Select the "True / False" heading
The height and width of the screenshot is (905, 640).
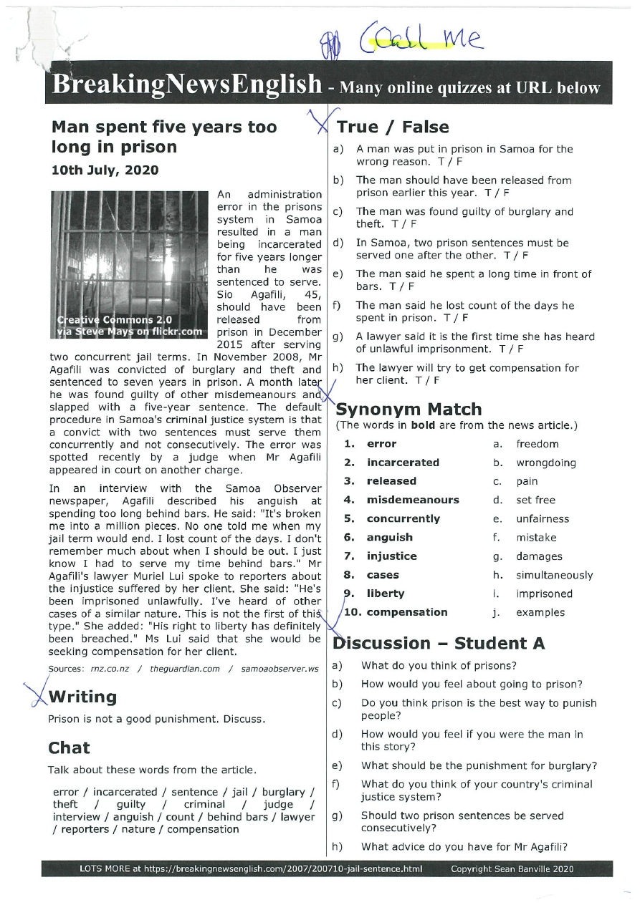[393, 127]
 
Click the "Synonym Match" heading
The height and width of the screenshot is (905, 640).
[409, 410]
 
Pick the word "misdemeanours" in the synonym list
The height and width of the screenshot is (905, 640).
[413, 500]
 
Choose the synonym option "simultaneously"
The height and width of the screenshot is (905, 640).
[554, 575]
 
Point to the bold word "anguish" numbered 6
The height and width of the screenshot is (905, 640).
[389, 537]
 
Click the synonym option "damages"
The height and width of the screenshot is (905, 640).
[539, 556]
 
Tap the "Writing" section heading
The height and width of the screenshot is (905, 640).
[82, 697]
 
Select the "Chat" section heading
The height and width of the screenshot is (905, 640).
[69, 748]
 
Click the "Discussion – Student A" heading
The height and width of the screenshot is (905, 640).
[439, 643]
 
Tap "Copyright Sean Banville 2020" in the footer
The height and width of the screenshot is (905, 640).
[512, 869]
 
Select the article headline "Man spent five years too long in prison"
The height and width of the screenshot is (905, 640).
[163, 137]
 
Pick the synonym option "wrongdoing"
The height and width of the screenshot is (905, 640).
[545, 463]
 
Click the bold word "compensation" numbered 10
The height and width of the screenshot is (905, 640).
[407, 612]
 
